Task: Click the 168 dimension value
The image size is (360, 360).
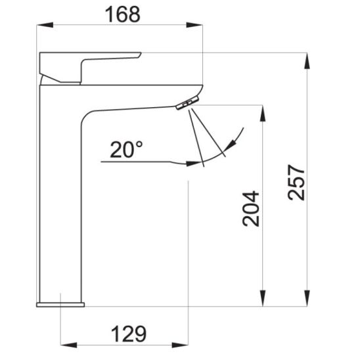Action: click(122, 14)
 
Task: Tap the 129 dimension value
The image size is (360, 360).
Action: click(129, 334)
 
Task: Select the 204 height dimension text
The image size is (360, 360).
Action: click(251, 208)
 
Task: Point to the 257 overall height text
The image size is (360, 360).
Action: click(296, 182)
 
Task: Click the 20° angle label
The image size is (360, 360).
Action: click(126, 150)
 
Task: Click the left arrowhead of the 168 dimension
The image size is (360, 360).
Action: click(45, 25)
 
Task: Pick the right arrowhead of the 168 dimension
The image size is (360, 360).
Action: click(194, 25)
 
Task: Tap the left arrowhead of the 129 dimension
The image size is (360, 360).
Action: click(68, 345)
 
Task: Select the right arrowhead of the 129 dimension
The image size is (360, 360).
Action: click(180, 345)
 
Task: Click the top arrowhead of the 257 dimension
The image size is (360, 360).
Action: click(307, 61)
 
